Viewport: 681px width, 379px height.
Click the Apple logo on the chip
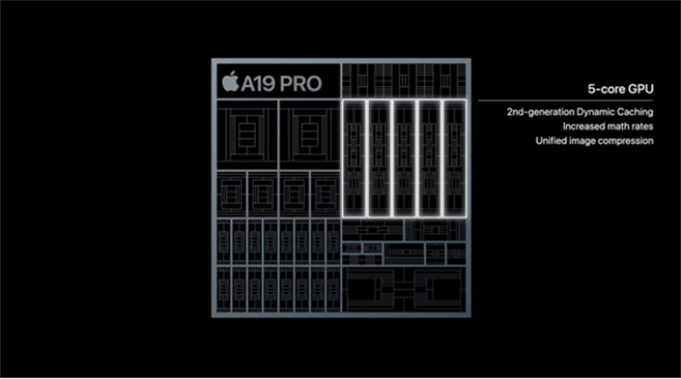pos(230,81)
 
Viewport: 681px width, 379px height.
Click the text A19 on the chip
pos(259,83)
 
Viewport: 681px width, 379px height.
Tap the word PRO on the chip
pos(300,83)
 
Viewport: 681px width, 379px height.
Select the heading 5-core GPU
pos(621,89)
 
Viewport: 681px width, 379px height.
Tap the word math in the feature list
pos(620,127)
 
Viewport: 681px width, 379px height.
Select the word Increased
pos(584,127)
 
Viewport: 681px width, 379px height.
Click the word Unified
pos(551,141)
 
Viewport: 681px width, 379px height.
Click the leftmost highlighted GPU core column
pos(354,158)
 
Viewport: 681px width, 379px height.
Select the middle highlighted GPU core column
pos(404,158)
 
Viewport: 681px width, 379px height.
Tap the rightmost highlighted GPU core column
pos(455,158)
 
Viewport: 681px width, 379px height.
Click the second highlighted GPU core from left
pos(380,158)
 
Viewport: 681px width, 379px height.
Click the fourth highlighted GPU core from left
pos(430,158)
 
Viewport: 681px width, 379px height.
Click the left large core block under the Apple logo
pos(247,135)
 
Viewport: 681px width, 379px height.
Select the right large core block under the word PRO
pos(310,135)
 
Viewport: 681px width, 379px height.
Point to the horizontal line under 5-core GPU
pos(565,100)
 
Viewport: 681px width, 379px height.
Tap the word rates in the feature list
pos(644,127)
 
